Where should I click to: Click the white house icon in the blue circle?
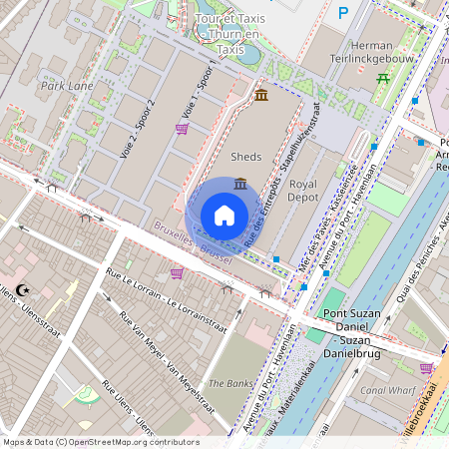[224, 215]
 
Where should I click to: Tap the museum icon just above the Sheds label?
[260, 95]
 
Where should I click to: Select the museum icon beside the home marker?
[240, 184]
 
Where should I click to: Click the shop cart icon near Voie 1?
[181, 129]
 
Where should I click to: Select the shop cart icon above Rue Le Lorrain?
[177, 273]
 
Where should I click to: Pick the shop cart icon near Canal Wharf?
[426, 368]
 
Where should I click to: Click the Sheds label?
[245, 158]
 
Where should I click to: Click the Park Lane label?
[67, 86]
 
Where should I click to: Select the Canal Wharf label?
[388, 389]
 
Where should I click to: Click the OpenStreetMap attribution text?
[100, 442]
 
